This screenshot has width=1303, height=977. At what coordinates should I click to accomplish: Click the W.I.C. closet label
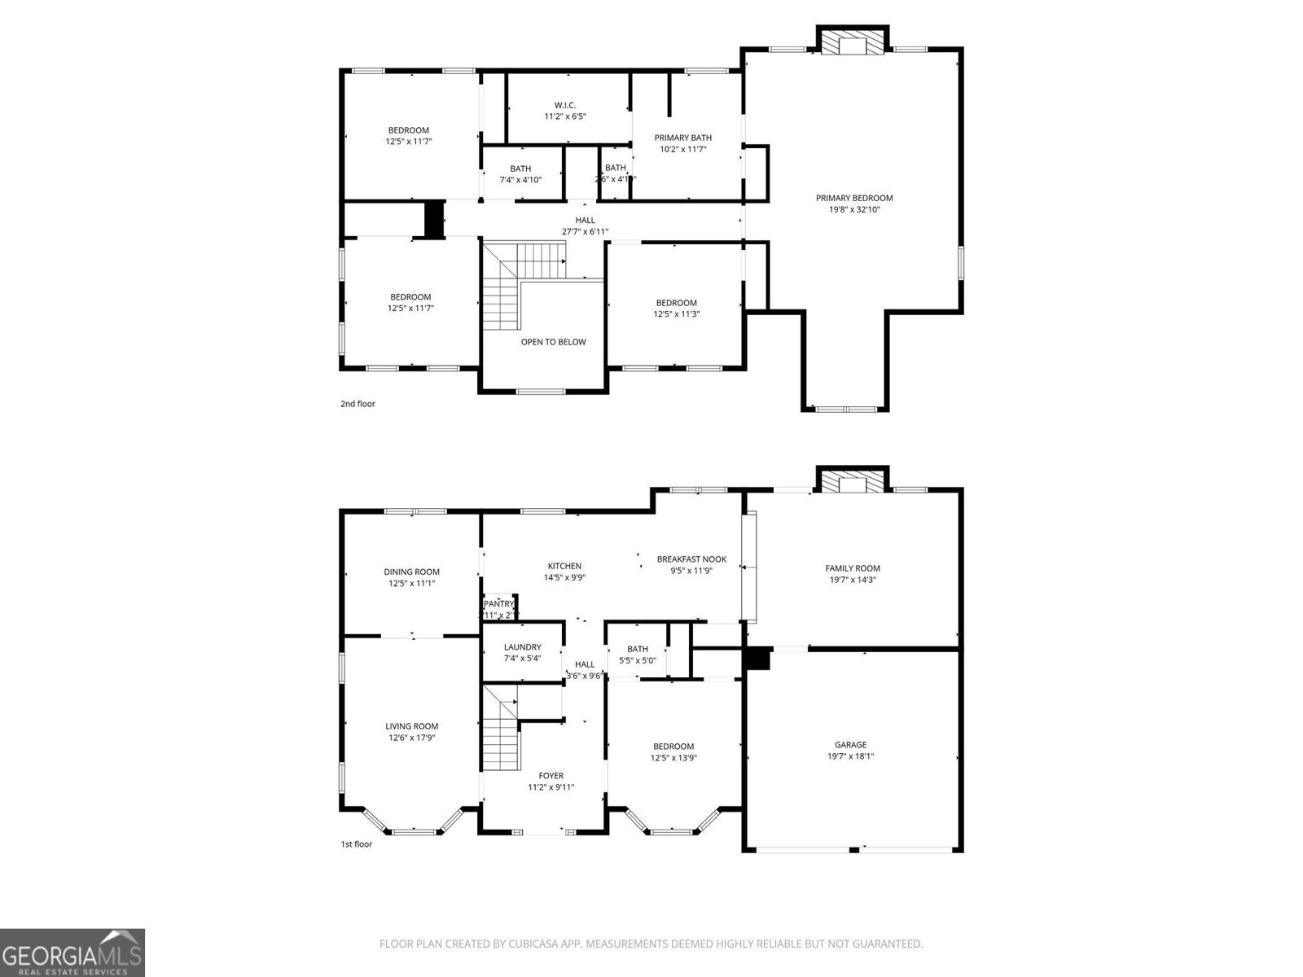[565, 105]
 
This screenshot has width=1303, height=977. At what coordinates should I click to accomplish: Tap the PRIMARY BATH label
[682, 138]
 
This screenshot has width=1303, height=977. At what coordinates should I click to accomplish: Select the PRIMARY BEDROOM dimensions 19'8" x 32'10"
[854, 209]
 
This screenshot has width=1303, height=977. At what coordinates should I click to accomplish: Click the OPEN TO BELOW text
[553, 342]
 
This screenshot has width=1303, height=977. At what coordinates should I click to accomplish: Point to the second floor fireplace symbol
[853, 44]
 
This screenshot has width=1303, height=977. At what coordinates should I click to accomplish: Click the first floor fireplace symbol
[853, 483]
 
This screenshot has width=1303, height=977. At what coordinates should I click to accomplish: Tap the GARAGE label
[850, 744]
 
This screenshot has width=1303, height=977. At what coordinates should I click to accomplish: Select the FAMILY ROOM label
[852, 568]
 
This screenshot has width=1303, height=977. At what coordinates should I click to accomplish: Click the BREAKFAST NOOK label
[691, 559]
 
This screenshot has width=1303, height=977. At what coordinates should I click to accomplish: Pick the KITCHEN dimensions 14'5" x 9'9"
[564, 577]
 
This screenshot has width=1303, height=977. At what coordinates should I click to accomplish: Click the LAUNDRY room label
[522, 647]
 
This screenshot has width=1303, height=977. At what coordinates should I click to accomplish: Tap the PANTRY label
[498, 603]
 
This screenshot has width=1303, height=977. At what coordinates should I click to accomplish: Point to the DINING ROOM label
[411, 572]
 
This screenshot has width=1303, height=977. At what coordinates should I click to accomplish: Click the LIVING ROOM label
[411, 726]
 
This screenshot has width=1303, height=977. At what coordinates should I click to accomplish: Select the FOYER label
[551, 776]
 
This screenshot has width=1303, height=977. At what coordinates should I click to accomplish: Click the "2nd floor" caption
[358, 404]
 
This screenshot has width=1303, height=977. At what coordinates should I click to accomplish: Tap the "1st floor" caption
[356, 844]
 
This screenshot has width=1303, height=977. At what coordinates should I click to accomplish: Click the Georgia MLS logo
[72, 952]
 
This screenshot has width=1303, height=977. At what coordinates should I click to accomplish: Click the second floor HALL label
[585, 220]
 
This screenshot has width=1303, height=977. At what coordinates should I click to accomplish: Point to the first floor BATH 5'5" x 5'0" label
[638, 649]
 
